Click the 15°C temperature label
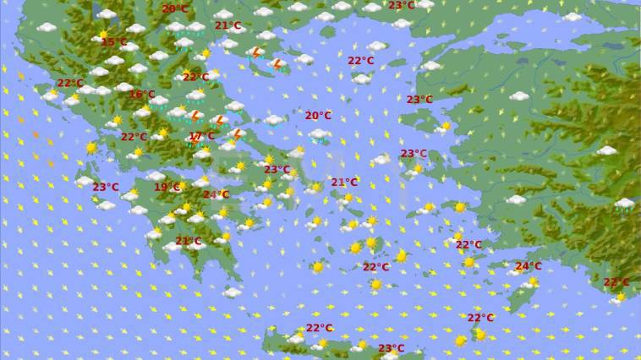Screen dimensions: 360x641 point(114,42)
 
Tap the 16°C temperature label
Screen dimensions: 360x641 point(142,95)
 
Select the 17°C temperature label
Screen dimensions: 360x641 point(201,136)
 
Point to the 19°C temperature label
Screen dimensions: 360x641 point(167,188)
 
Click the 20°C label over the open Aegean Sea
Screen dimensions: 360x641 point(318,116)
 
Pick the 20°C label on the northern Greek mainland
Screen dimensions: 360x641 point(175,8)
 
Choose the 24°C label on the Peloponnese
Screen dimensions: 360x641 point(216,194)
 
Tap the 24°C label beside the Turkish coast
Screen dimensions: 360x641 point(529,266)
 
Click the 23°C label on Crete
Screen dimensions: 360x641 point(391,348)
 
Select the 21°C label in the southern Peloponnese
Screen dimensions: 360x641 point(188,242)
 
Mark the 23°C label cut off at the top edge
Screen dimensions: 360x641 point(402,5)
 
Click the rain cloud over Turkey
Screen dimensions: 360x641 point(625,205)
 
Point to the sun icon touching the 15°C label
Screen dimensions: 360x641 point(104,35)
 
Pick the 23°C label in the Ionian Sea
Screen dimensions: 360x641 point(106,188)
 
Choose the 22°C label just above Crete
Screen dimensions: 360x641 point(319,328)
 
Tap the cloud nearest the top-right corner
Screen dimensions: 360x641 point(573,16)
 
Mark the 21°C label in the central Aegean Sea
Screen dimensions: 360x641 point(344,183)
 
